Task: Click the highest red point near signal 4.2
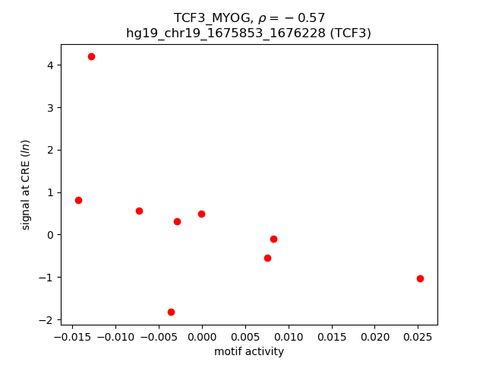click(91, 56)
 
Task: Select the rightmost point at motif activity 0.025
click(420, 278)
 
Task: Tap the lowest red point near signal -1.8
click(171, 312)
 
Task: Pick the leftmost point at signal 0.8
click(78, 200)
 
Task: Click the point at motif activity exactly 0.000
click(201, 214)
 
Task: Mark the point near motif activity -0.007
click(139, 211)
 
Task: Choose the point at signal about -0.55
click(267, 258)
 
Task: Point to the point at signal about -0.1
click(273, 239)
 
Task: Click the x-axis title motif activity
click(248, 351)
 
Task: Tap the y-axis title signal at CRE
click(25, 185)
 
